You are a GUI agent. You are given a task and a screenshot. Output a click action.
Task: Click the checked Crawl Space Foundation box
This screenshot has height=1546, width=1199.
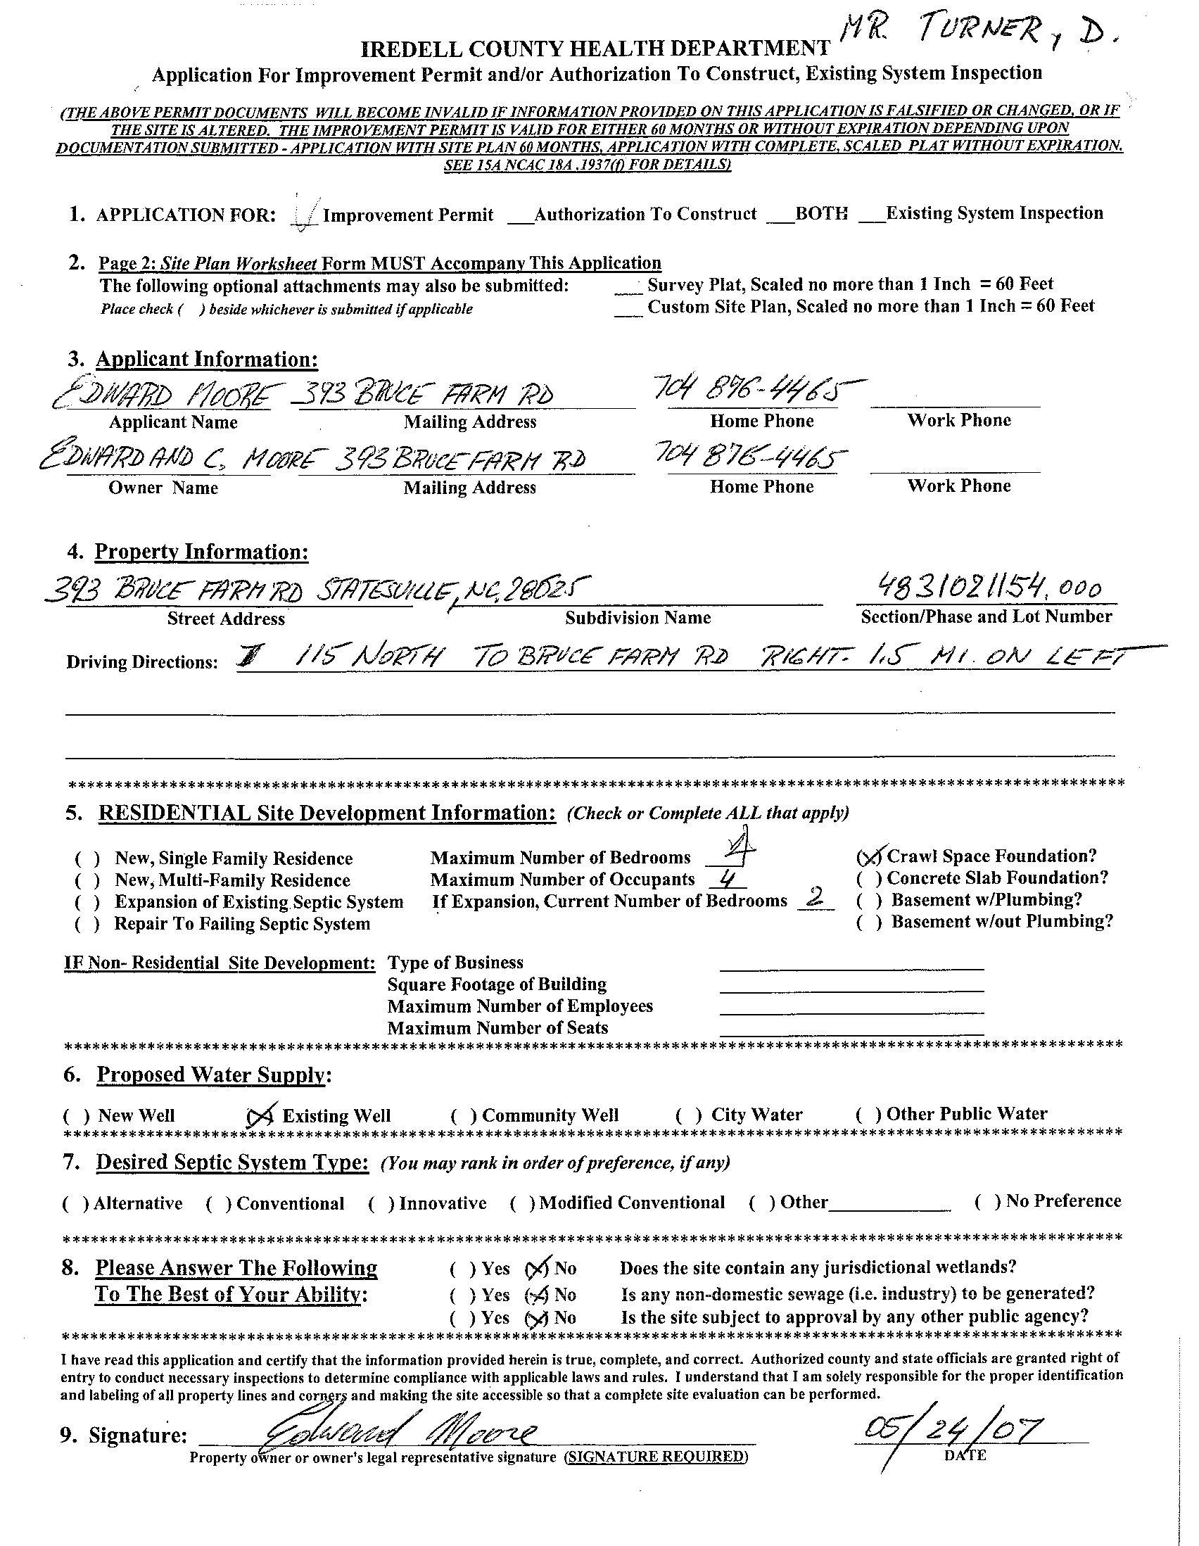(870, 856)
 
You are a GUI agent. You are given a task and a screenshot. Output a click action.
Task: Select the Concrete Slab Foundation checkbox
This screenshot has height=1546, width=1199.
(868, 878)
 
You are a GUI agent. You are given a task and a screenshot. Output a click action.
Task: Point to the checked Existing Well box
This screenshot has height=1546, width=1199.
(261, 1116)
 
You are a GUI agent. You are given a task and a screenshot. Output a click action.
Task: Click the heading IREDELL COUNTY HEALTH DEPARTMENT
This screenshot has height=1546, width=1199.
(595, 48)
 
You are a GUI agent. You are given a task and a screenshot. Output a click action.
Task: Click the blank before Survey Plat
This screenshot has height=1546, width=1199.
(628, 286)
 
